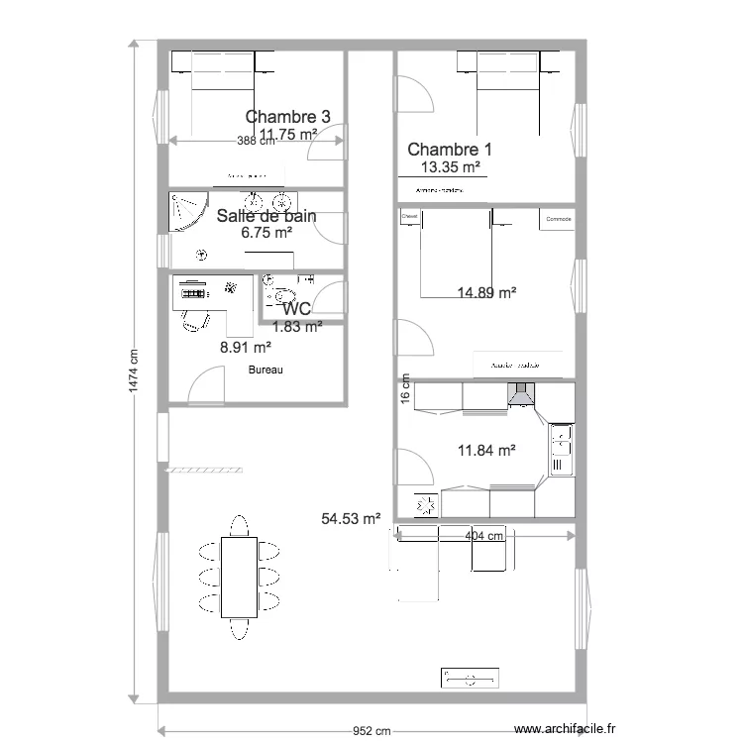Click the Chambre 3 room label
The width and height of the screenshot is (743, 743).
(287, 116)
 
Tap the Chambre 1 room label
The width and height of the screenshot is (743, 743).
(450, 150)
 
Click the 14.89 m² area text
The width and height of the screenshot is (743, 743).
(486, 292)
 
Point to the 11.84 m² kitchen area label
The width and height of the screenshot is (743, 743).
(486, 451)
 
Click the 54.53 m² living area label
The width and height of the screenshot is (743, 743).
(352, 518)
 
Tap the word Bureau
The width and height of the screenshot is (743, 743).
(265, 371)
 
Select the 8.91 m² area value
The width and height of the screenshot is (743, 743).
(246, 348)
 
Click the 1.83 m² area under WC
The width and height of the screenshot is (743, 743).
(297, 325)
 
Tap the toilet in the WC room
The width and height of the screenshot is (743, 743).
(280, 295)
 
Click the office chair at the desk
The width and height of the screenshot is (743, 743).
(192, 319)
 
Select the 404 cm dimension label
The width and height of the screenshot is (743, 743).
(484, 536)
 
